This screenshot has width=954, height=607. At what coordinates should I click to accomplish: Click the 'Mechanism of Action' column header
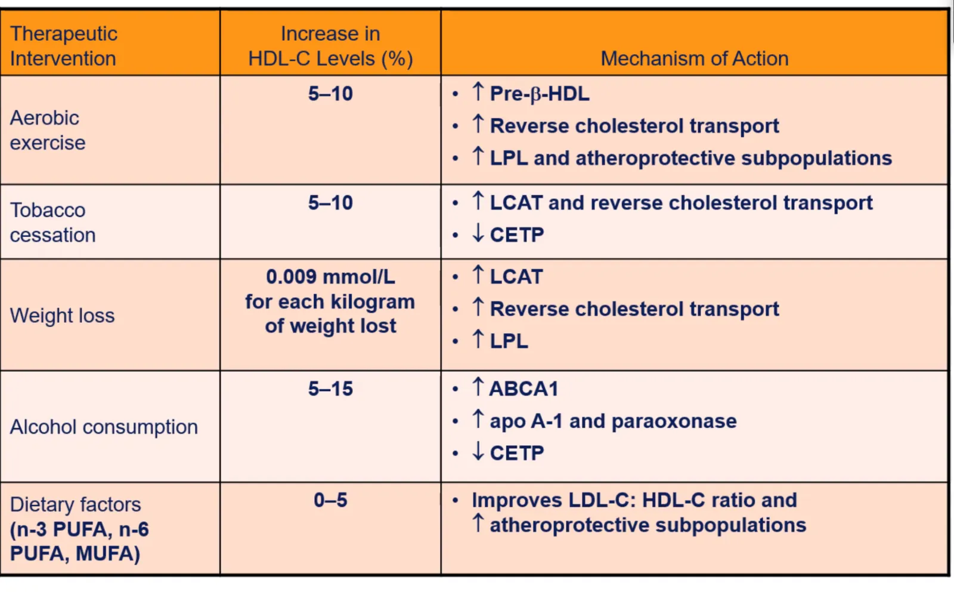click(694, 58)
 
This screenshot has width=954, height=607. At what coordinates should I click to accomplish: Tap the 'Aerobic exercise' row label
click(48, 130)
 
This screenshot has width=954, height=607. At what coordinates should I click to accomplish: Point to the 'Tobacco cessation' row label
click(53, 222)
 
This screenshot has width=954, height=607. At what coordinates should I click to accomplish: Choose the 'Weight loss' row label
click(62, 315)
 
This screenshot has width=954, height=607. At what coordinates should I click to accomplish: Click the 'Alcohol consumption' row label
click(104, 427)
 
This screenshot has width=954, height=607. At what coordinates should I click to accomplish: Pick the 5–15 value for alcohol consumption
click(330, 389)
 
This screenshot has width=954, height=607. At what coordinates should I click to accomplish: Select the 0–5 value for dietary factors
click(330, 500)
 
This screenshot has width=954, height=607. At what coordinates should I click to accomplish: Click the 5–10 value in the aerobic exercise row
click(330, 94)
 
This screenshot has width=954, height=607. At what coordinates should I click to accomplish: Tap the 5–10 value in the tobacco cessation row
click(330, 203)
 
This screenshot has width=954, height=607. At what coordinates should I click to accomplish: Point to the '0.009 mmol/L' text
click(330, 277)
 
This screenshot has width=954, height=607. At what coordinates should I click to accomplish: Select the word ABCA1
click(524, 389)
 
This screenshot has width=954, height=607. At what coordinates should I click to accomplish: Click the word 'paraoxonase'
click(674, 421)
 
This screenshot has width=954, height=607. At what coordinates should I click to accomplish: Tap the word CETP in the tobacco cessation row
click(517, 235)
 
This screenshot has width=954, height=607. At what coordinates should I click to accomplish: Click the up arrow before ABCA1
click(478, 387)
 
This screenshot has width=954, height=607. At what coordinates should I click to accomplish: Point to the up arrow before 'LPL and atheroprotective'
click(478, 156)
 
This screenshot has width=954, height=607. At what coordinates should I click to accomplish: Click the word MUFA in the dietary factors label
click(108, 554)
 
